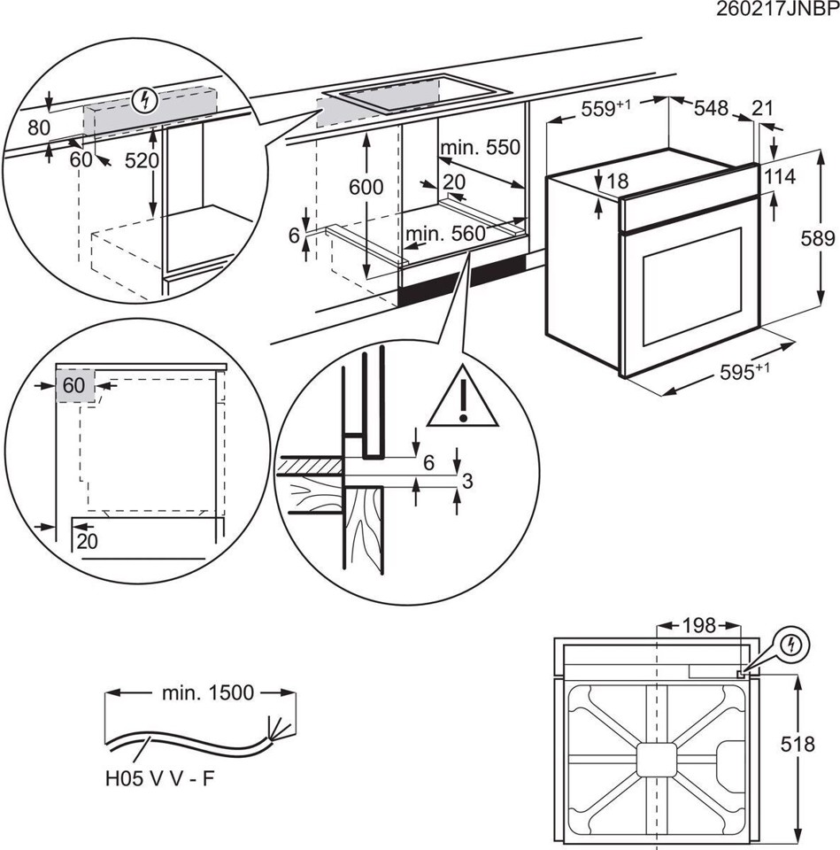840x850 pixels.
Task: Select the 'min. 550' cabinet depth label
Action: click(481, 147)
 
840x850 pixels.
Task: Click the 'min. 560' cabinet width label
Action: click(446, 234)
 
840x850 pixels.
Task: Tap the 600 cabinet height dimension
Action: click(366, 187)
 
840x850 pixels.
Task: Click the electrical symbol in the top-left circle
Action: click(143, 101)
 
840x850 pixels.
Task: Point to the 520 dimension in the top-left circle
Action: click(141, 161)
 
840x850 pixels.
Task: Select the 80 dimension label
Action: click(38, 127)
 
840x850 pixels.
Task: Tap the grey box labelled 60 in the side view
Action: click(74, 386)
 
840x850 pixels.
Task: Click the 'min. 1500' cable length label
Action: click(207, 692)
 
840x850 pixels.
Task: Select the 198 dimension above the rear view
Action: click(698, 626)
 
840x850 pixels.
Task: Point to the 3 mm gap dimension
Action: click(468, 481)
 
